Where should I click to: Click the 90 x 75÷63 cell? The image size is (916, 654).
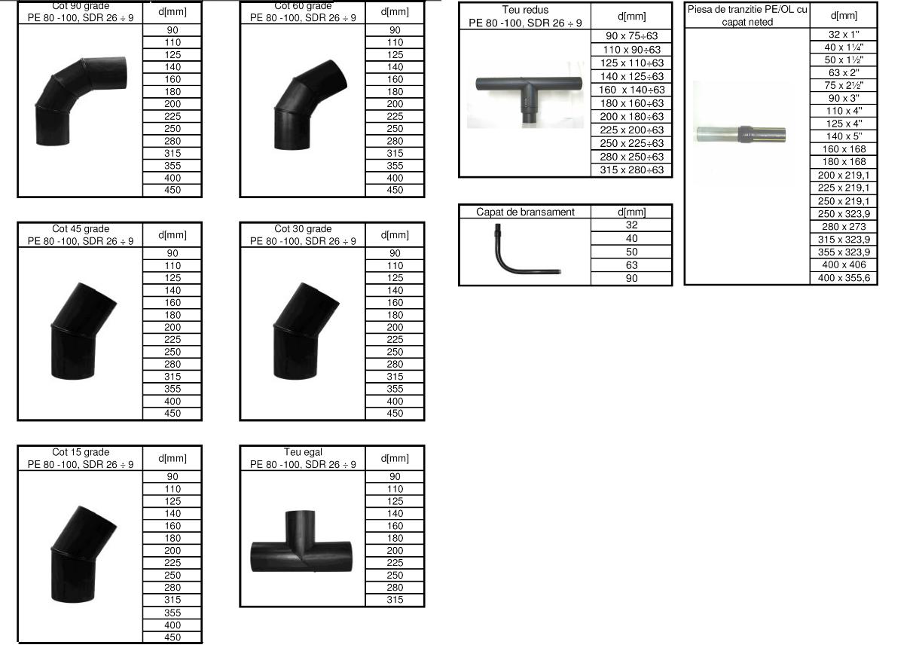[631, 36]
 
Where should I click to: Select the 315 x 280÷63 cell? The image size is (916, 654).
[631, 170]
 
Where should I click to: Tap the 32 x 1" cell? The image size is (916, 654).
[844, 35]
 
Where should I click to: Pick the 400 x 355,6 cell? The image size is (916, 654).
[844, 278]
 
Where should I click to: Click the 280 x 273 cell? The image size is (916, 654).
[844, 227]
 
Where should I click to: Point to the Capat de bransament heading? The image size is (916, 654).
[525, 212]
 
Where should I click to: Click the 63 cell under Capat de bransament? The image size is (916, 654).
[631, 265]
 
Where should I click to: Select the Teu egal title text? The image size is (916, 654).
[303, 452]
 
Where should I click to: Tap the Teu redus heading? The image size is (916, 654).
[525, 10]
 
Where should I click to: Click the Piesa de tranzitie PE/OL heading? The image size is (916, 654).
[747, 16]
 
